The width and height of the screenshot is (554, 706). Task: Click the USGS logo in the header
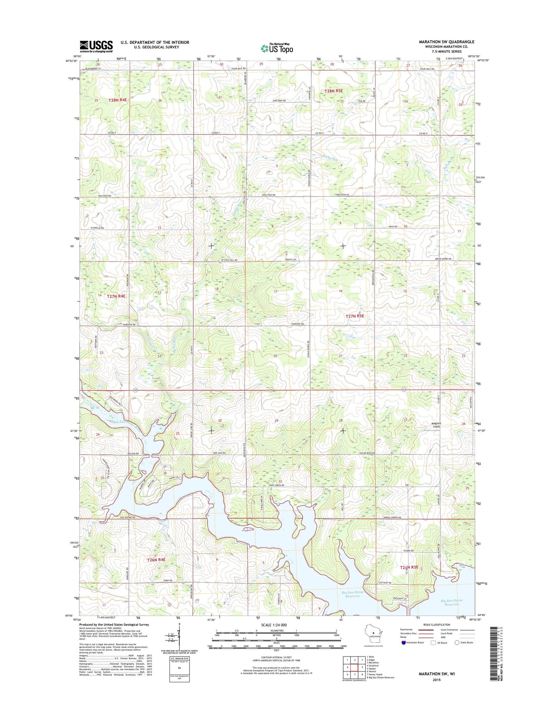point(96,46)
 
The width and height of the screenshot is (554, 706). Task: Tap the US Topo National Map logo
point(277,48)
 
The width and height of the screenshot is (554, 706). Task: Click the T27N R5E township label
point(355,316)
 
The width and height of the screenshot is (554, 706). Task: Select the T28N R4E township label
point(117,100)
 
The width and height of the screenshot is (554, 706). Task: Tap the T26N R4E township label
point(156,560)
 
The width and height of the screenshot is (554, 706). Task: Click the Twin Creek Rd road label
point(276,485)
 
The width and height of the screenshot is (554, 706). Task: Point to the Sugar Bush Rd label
point(367,453)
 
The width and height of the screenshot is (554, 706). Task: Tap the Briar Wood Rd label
point(444,259)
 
